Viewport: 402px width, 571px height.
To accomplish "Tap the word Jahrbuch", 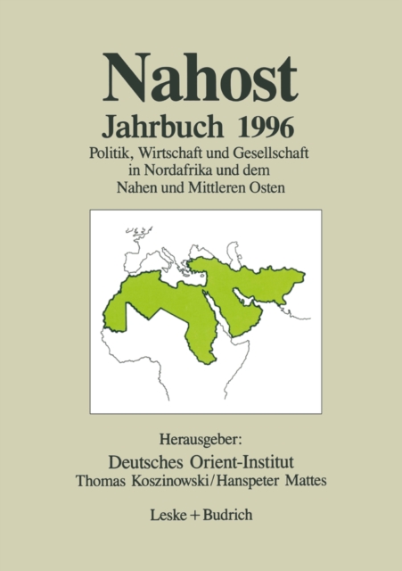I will (x=169, y=126).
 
